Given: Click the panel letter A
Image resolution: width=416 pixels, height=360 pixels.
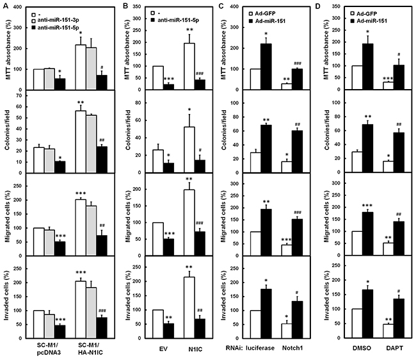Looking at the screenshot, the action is point(5,6).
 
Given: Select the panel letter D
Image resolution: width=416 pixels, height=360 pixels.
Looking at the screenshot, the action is point(317,6).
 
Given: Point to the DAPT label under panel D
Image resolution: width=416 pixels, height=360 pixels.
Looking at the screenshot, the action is point(394,348).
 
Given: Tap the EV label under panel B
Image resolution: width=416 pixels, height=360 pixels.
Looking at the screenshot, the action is point(163,349).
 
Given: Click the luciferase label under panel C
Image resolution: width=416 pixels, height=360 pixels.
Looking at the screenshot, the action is point(260,348).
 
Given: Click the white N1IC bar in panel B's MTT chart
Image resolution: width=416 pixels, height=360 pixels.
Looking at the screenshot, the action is point(189,67).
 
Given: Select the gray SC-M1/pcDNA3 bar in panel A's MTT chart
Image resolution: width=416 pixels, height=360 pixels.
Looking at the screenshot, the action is point(49,79).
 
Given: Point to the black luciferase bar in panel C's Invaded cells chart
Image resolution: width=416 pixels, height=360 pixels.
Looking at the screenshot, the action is point(266,314).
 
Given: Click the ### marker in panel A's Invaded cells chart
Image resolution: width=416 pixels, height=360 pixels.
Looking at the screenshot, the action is point(102,311).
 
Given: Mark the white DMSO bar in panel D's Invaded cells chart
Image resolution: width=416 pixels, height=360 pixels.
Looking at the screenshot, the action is point(357,323).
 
